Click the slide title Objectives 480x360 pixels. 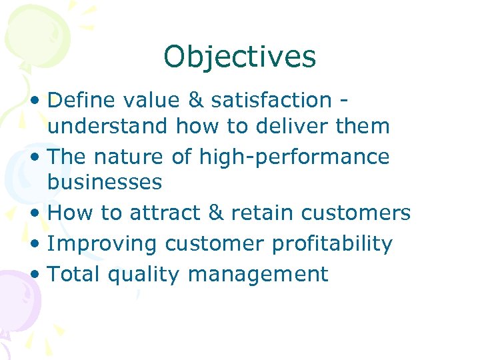pyautogui.click(x=239, y=57)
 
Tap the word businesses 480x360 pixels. pyautogui.click(x=105, y=182)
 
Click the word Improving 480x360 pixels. pyautogui.click(x=103, y=243)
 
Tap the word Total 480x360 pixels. pyautogui.click(x=73, y=274)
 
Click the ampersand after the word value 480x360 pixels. pyautogui.click(x=197, y=100)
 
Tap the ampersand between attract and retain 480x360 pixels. pyautogui.click(x=215, y=213)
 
